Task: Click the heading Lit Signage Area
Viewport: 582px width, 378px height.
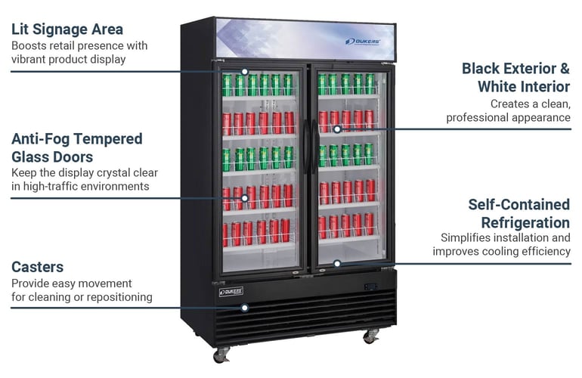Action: [67, 29]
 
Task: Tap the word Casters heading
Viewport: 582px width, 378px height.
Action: [38, 267]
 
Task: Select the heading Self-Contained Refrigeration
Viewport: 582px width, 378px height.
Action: [519, 213]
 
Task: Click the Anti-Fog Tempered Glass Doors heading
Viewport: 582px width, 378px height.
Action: [77, 147]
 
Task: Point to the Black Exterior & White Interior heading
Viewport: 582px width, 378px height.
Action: [516, 78]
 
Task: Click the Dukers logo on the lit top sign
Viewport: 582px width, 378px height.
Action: [362, 42]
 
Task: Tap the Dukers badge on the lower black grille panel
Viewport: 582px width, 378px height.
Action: [231, 292]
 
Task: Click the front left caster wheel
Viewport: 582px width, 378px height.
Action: [221, 355]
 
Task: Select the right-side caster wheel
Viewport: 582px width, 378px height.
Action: [371, 336]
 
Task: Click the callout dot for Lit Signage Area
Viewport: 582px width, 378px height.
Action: [245, 71]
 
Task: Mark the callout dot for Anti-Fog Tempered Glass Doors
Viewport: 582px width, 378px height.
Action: [245, 198]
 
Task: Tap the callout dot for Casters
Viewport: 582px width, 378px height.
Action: [245, 308]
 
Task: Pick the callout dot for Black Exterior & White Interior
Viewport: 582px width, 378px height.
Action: [337, 129]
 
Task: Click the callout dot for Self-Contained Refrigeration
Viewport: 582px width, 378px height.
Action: [337, 264]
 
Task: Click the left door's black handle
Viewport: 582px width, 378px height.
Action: [306, 147]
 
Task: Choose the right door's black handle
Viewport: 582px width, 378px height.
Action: [314, 147]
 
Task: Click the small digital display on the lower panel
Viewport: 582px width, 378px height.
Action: [370, 287]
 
